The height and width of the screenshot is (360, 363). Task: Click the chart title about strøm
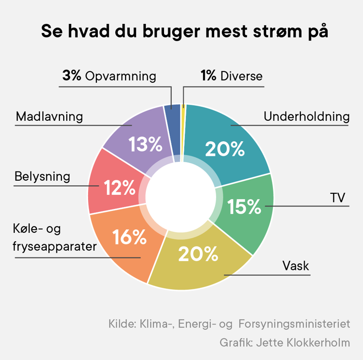tap(181, 32)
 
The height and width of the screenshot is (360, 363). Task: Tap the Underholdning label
tap(306, 117)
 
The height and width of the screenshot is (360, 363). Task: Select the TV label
tap(337, 198)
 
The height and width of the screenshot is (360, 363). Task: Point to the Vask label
tap(296, 266)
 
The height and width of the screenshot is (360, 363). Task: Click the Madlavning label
tap(49, 117)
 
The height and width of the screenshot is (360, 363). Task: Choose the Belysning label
tap(42, 176)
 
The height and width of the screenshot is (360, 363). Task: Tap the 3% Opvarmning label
tap(109, 76)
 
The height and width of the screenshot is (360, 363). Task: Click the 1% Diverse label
tap(231, 76)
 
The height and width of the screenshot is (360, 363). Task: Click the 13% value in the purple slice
tap(145, 145)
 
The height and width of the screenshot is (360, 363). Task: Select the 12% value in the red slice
tap(117, 188)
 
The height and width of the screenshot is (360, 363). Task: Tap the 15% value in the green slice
tap(245, 207)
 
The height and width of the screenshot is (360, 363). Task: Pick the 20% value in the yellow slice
tap(198, 254)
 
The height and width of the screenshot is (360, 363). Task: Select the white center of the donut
tap(181, 197)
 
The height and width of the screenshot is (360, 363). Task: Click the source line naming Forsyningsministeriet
tap(229, 324)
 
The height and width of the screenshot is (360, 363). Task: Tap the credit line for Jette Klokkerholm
tap(285, 342)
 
